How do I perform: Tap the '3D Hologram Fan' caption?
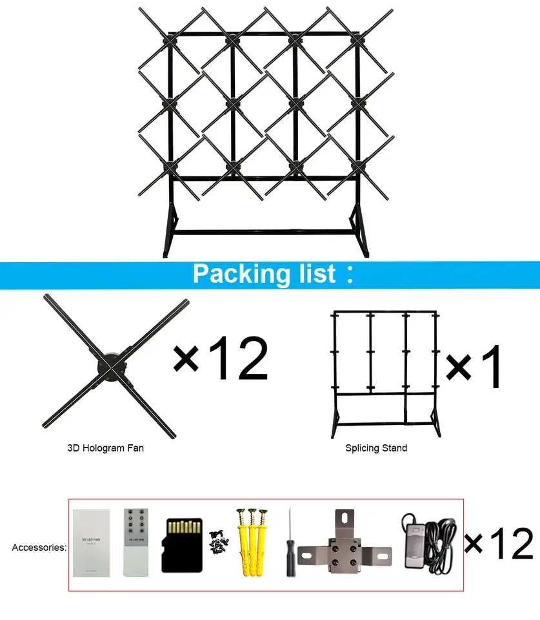tap(105, 448)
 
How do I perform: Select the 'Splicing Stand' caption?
tap(376, 448)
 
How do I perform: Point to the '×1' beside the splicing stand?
tap(474, 366)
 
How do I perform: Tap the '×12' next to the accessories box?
tap(499, 542)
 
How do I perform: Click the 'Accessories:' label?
tap(39, 548)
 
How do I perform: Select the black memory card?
tap(181, 544)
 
